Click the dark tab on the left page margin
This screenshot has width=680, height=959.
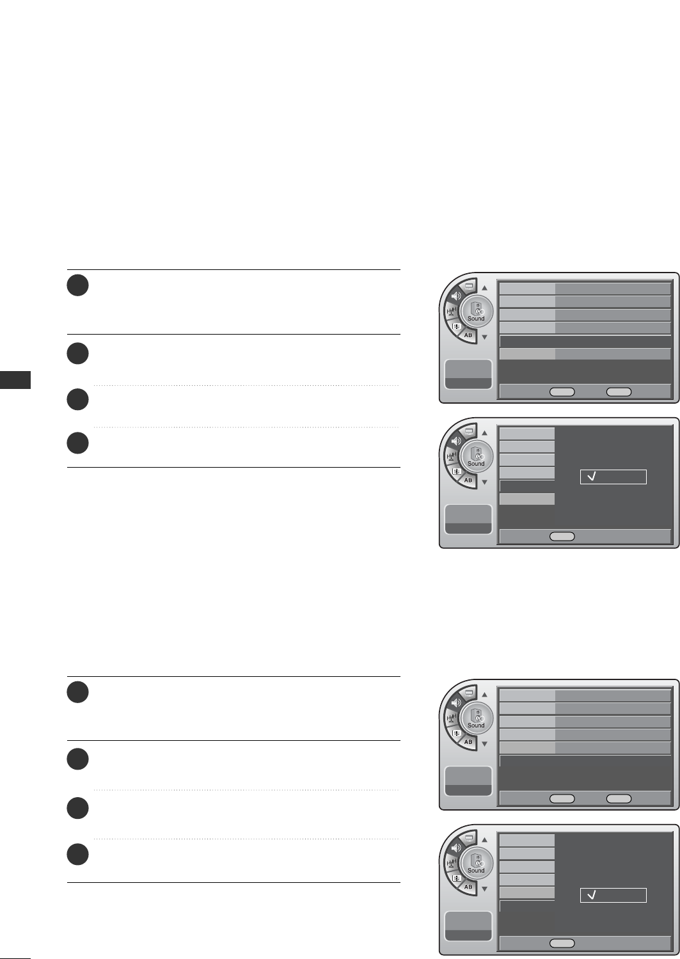pyautogui.click(x=15, y=379)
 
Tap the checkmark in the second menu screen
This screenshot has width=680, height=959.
pyautogui.click(x=592, y=477)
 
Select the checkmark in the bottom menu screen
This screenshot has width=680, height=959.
pyautogui.click(x=592, y=895)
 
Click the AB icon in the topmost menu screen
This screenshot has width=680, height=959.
pyautogui.click(x=468, y=335)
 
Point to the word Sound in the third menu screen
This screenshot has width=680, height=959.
pyautogui.click(x=476, y=725)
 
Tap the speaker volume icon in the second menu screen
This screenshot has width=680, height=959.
pyautogui.click(x=455, y=441)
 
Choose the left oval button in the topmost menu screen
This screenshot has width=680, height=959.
pyautogui.click(x=562, y=392)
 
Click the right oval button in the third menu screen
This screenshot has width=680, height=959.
pyautogui.click(x=619, y=798)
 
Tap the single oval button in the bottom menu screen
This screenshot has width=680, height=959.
pyautogui.click(x=562, y=943)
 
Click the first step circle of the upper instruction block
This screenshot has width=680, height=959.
pyautogui.click(x=77, y=285)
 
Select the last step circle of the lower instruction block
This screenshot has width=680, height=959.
pyautogui.click(x=77, y=855)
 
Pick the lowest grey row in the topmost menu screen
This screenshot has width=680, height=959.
pyautogui.click(x=585, y=354)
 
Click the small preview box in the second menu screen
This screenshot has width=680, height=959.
pyautogui.click(x=468, y=518)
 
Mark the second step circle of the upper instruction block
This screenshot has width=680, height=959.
pyautogui.click(x=77, y=354)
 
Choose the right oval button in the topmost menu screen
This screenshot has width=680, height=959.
pyautogui.click(x=619, y=392)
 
